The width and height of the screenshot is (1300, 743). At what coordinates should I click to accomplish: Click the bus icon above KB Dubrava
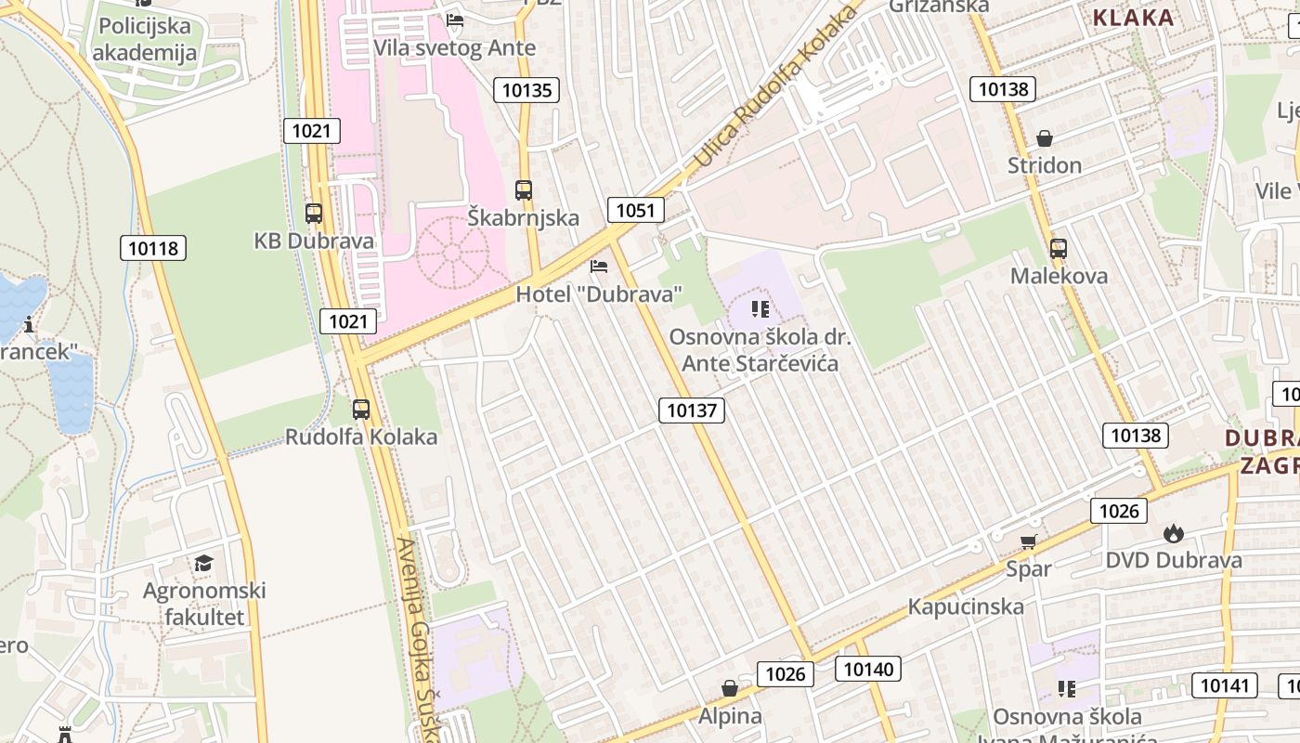pos(314,213)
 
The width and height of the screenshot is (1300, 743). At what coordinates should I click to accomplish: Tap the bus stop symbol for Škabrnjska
pos(524,190)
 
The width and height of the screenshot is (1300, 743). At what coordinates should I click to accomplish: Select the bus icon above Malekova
pos(1058,249)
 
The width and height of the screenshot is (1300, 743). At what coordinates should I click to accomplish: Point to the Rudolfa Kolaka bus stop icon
pos(360,409)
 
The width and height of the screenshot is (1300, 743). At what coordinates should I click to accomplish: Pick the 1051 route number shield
pos(635,210)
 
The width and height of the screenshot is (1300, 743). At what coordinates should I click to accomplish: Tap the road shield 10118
pos(153,248)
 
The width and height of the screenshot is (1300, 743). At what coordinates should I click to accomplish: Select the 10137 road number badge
pos(692,410)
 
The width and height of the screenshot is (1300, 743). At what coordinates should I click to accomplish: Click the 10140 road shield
pos(868,669)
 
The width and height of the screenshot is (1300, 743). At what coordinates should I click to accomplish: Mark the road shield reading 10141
pos(1224,685)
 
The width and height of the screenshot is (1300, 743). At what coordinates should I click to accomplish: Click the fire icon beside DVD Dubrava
pos(1174,533)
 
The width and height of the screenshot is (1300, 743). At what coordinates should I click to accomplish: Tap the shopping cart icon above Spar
pos(1028,541)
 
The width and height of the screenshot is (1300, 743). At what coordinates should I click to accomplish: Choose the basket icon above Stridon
pos(1045,138)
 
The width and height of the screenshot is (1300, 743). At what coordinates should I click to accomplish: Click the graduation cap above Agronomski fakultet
pos(203,563)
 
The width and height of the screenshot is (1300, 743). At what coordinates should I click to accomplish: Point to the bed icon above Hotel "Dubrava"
pos(599,267)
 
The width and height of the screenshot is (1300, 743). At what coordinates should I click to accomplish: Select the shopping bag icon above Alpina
pos(730,688)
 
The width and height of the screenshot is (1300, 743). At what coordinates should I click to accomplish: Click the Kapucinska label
pos(966,606)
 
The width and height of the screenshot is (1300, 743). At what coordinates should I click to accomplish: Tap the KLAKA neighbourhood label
pos(1133,17)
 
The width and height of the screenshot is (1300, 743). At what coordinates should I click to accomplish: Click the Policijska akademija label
pos(145,39)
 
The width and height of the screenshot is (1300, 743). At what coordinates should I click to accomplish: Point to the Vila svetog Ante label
pos(455,47)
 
